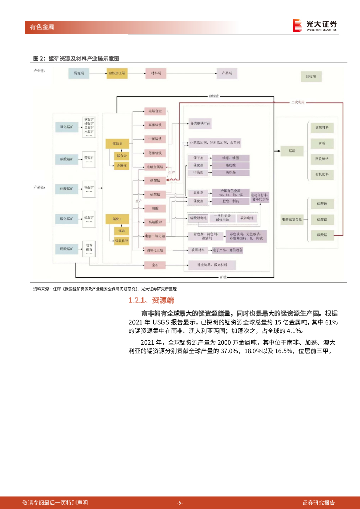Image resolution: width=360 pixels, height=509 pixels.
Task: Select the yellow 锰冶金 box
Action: pos(117,143)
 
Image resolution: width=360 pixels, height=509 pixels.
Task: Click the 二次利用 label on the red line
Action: pos(298,102)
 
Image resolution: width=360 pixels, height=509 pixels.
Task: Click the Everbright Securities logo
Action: pos(315,25)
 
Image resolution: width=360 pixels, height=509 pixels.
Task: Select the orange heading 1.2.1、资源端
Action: pos(151,300)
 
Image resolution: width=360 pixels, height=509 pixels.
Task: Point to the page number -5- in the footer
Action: pos(180,503)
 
